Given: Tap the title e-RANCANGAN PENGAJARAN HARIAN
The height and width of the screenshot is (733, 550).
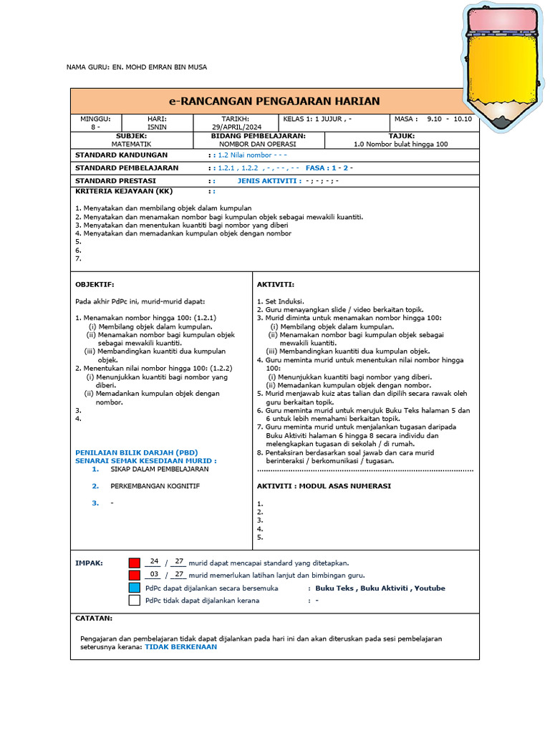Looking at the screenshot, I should (x=274, y=101).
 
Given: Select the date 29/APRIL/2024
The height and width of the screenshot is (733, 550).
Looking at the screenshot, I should (x=235, y=127).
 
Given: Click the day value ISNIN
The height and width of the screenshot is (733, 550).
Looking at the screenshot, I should (x=157, y=127).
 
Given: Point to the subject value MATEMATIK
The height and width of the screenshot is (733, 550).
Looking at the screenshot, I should (x=131, y=144).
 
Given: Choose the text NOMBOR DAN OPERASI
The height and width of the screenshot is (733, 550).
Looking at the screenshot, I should (x=258, y=144).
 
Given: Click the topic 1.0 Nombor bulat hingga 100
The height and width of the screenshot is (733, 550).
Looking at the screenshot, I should (x=401, y=144).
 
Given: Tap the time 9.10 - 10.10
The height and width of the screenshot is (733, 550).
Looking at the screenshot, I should (x=449, y=119).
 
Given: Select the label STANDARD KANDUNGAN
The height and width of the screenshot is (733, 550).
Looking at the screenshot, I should (x=122, y=155).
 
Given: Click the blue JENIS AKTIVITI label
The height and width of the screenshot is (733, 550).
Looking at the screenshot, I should (x=269, y=181).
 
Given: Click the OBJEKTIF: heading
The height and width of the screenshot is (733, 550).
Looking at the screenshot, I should (x=95, y=284).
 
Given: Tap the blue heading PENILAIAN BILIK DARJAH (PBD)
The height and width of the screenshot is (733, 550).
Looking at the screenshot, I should (x=137, y=452).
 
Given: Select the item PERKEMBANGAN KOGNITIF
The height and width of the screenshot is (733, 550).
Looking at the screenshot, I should (x=155, y=486).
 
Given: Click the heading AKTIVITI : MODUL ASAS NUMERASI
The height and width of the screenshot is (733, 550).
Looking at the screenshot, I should (x=324, y=486).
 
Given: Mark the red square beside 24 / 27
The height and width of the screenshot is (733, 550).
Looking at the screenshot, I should (x=134, y=563).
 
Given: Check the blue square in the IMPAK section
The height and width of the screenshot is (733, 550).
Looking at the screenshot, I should (x=134, y=588).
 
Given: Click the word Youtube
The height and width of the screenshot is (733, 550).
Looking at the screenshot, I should (x=430, y=588).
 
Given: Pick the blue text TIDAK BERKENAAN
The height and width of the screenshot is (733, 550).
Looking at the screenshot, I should (x=180, y=646).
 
